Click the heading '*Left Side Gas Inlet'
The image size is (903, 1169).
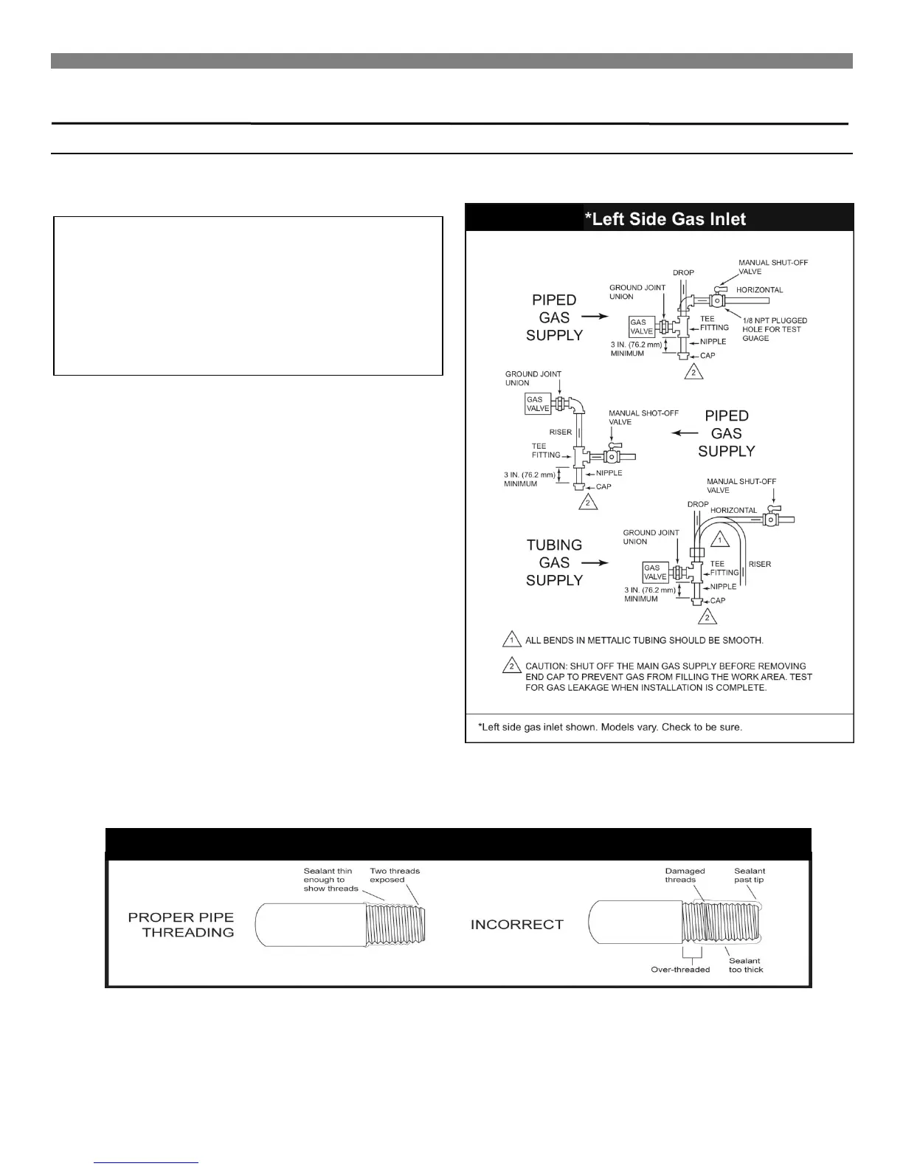[x=665, y=219]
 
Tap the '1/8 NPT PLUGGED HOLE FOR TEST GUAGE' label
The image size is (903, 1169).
[x=774, y=329]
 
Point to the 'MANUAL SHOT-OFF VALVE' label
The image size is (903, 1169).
[x=643, y=418]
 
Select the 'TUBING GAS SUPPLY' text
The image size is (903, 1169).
[x=554, y=562]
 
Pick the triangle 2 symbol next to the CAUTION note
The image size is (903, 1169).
[x=510, y=666]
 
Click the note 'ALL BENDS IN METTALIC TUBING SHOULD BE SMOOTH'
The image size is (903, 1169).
[x=644, y=640]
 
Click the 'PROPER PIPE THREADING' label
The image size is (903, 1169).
[x=181, y=925]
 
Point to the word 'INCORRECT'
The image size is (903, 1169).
[x=516, y=925]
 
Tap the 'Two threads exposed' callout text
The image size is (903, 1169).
[x=395, y=875]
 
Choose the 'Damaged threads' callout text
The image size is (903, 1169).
[x=685, y=875]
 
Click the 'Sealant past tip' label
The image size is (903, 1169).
[x=749, y=875]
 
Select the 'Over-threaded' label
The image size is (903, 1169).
[x=680, y=969]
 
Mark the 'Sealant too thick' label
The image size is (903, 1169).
[x=745, y=965]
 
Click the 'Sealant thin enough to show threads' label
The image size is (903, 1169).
[x=330, y=880]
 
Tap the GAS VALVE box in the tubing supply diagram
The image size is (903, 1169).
[x=655, y=572]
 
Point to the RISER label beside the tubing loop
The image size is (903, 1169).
[x=760, y=564]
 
